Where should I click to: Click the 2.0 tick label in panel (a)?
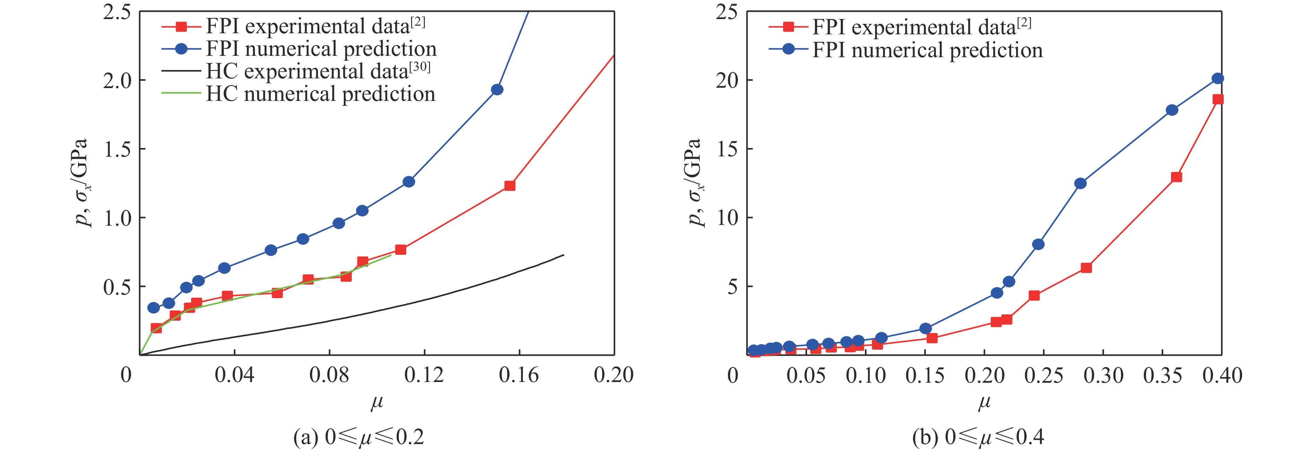coord(117,80)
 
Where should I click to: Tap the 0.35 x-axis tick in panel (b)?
coord(1162,375)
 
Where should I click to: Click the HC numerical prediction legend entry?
coord(320,94)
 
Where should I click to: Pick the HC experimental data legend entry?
coord(318,71)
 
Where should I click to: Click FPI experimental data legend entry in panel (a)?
coord(315,26)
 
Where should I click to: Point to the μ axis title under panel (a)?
coord(376,403)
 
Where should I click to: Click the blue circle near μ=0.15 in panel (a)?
coord(497,89)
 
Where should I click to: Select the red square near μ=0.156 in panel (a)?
coord(509,185)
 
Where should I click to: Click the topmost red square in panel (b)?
coord(1218,99)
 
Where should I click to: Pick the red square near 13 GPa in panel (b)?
coord(1176,177)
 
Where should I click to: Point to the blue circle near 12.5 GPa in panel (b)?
coord(1081,183)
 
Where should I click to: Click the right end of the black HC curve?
coord(564,255)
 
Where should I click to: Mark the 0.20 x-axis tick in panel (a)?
coord(614,375)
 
